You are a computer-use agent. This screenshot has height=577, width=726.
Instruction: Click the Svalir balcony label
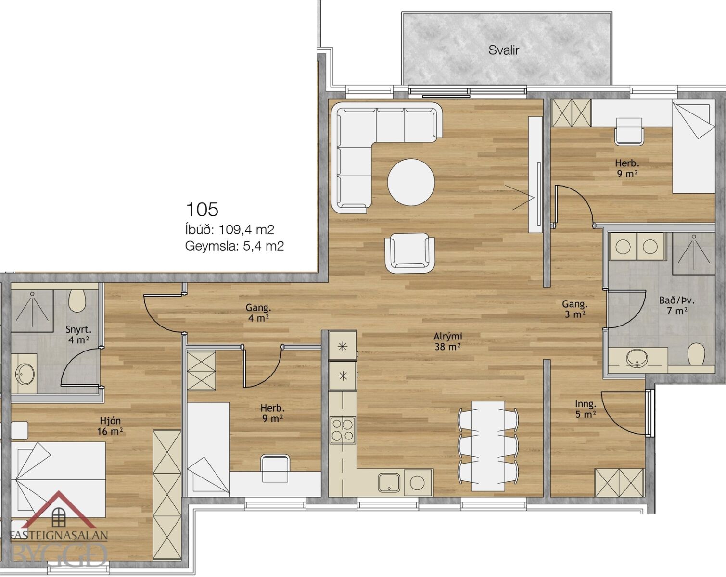point(504,50)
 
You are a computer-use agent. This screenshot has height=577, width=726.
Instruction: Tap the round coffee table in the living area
point(411,182)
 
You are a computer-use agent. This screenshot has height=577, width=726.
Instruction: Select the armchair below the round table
point(410,253)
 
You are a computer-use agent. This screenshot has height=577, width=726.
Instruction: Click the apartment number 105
point(202,209)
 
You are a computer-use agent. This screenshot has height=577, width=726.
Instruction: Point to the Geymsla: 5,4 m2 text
point(234,246)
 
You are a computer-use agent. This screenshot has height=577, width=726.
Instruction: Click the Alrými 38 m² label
point(448,341)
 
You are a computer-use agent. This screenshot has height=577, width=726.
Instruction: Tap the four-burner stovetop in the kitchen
point(343,431)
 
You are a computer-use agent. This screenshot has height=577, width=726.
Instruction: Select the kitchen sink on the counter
point(389,483)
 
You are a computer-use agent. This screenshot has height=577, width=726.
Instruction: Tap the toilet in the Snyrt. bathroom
point(76,300)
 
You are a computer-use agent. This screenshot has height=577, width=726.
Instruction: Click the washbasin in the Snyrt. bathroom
point(24,373)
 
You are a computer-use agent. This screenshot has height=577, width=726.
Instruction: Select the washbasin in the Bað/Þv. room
point(637,358)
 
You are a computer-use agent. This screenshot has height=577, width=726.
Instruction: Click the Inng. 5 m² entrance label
point(586,409)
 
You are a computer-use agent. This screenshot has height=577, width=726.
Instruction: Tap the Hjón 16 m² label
point(110,426)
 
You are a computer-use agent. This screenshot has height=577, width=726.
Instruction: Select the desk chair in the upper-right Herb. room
point(629,132)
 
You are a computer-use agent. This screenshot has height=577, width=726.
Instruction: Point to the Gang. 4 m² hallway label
point(258,313)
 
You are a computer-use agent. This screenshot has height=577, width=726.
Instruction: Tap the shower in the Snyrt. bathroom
point(32,311)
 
